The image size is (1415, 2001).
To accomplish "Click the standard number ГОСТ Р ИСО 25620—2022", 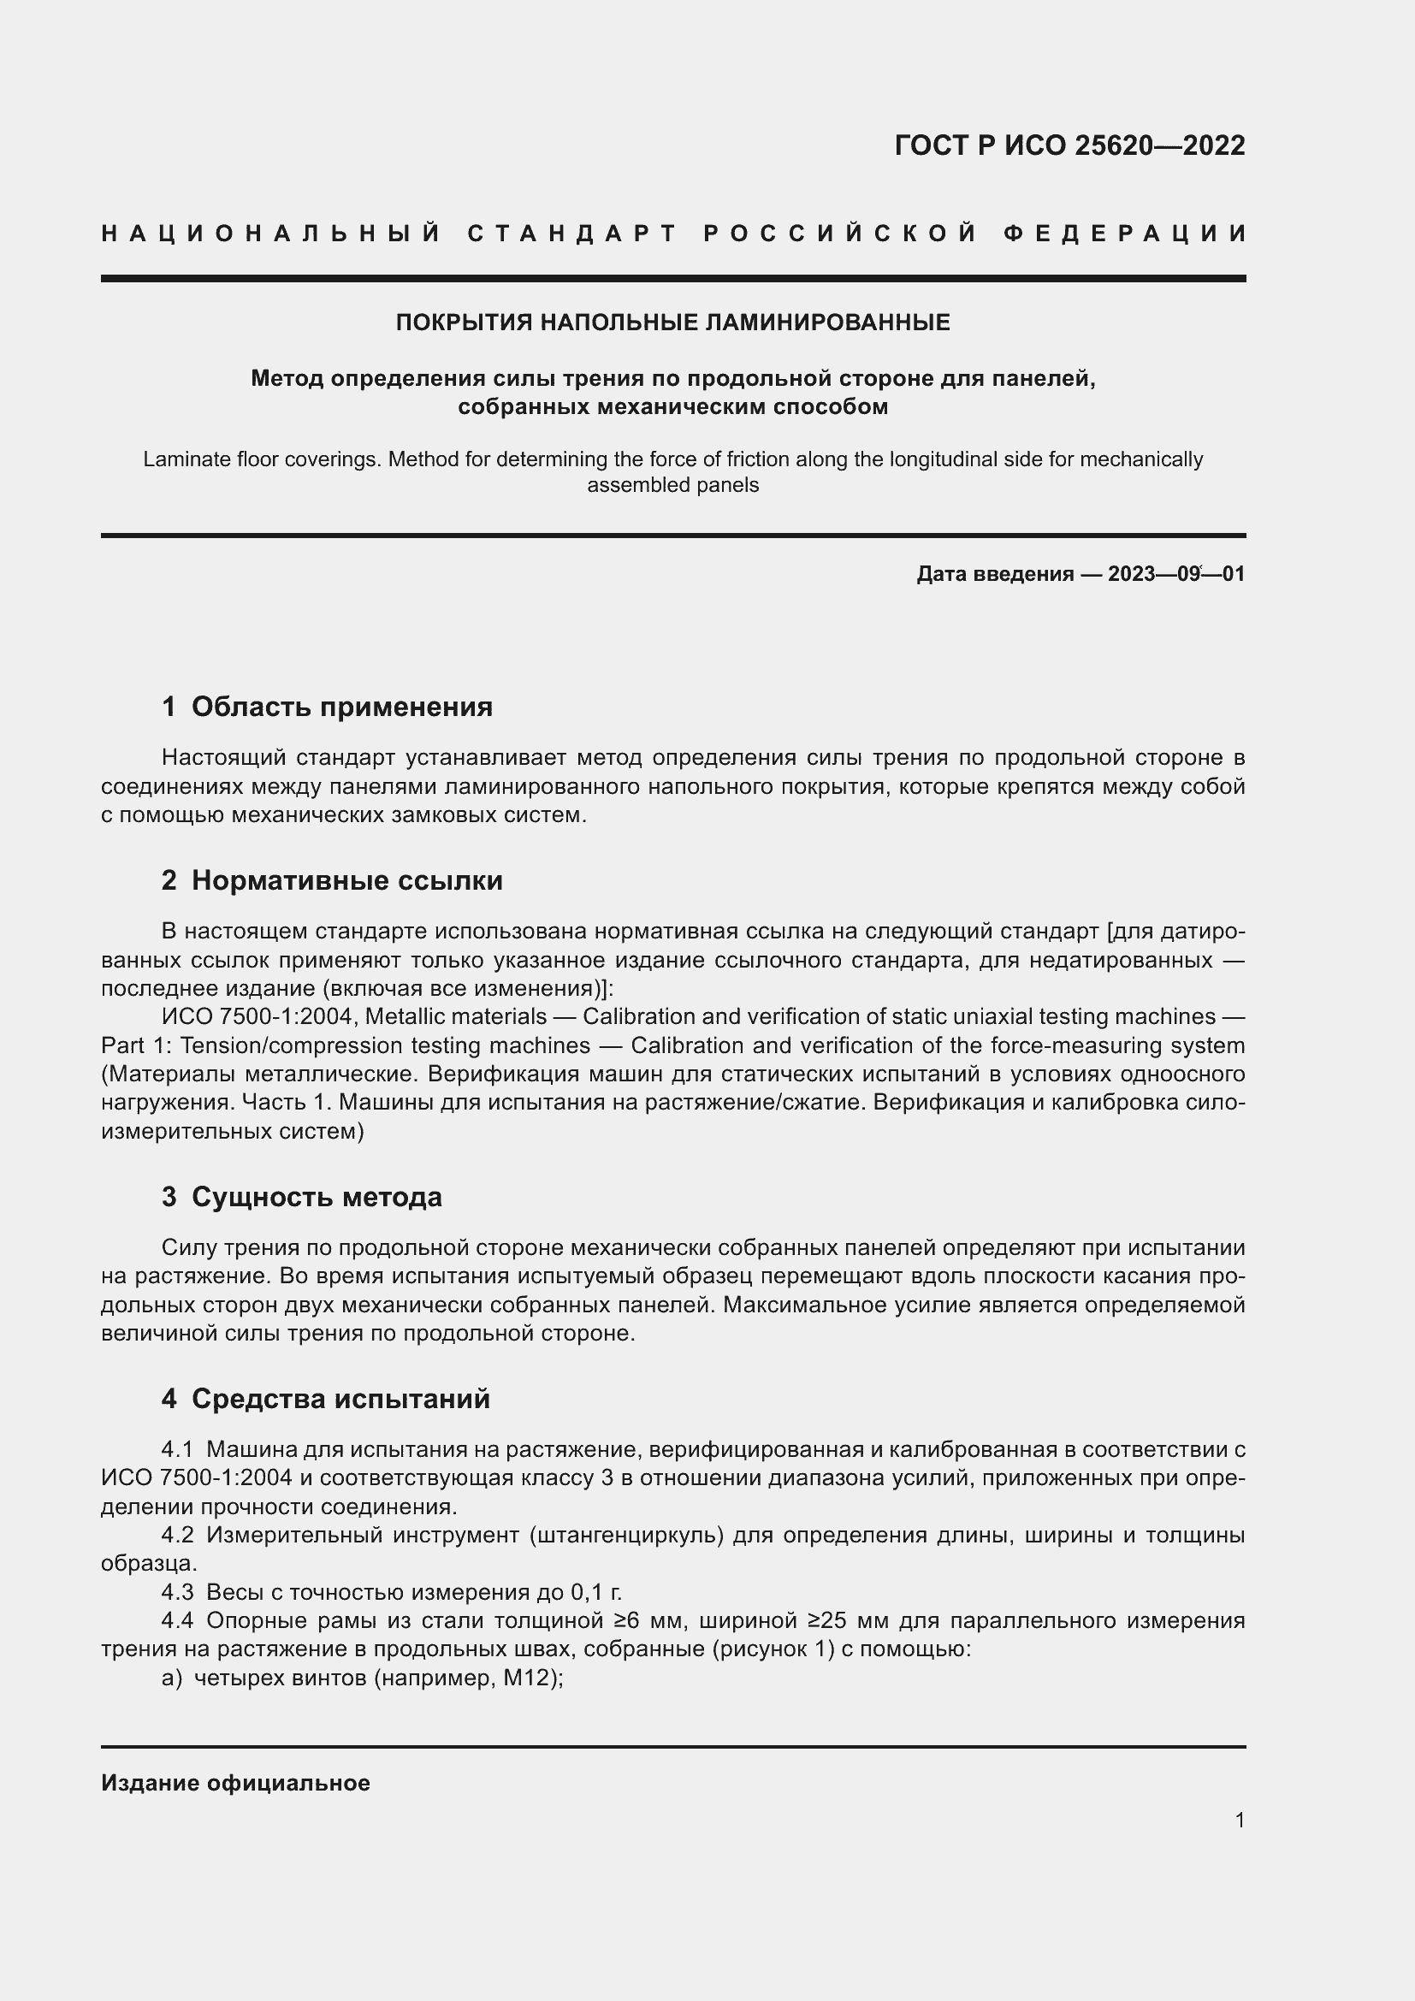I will [1069, 145].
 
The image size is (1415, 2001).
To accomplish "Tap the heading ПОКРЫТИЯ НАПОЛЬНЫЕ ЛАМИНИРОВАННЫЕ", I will [672, 323].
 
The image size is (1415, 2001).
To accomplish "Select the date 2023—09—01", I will [1176, 574].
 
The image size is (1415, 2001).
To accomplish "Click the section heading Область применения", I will [341, 707].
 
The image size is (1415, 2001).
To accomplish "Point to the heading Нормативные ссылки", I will [346, 880].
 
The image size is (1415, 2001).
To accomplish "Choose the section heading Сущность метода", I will [317, 1197].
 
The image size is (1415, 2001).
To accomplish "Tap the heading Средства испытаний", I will [340, 1399].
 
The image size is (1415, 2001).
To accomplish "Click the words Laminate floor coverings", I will [262, 459].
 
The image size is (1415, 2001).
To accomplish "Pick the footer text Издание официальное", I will [235, 1783].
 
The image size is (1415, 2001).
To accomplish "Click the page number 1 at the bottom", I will [1240, 1820].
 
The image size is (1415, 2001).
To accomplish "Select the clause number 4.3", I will [178, 1592].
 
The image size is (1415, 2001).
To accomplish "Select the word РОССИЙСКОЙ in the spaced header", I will [840, 234].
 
